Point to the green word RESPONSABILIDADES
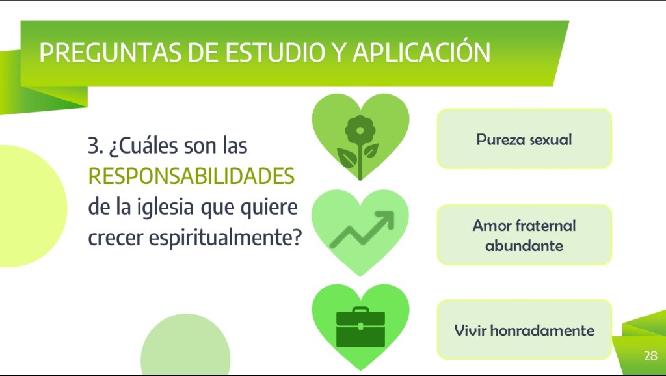click(x=191, y=176)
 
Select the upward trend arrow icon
click(x=362, y=230)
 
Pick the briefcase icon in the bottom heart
click(x=360, y=327)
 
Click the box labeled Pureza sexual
click(x=524, y=139)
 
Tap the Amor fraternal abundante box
click(x=524, y=235)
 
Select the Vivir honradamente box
click(x=524, y=330)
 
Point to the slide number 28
click(x=650, y=356)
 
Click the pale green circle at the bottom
click(x=185, y=344)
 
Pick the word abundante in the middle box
click(x=524, y=245)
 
